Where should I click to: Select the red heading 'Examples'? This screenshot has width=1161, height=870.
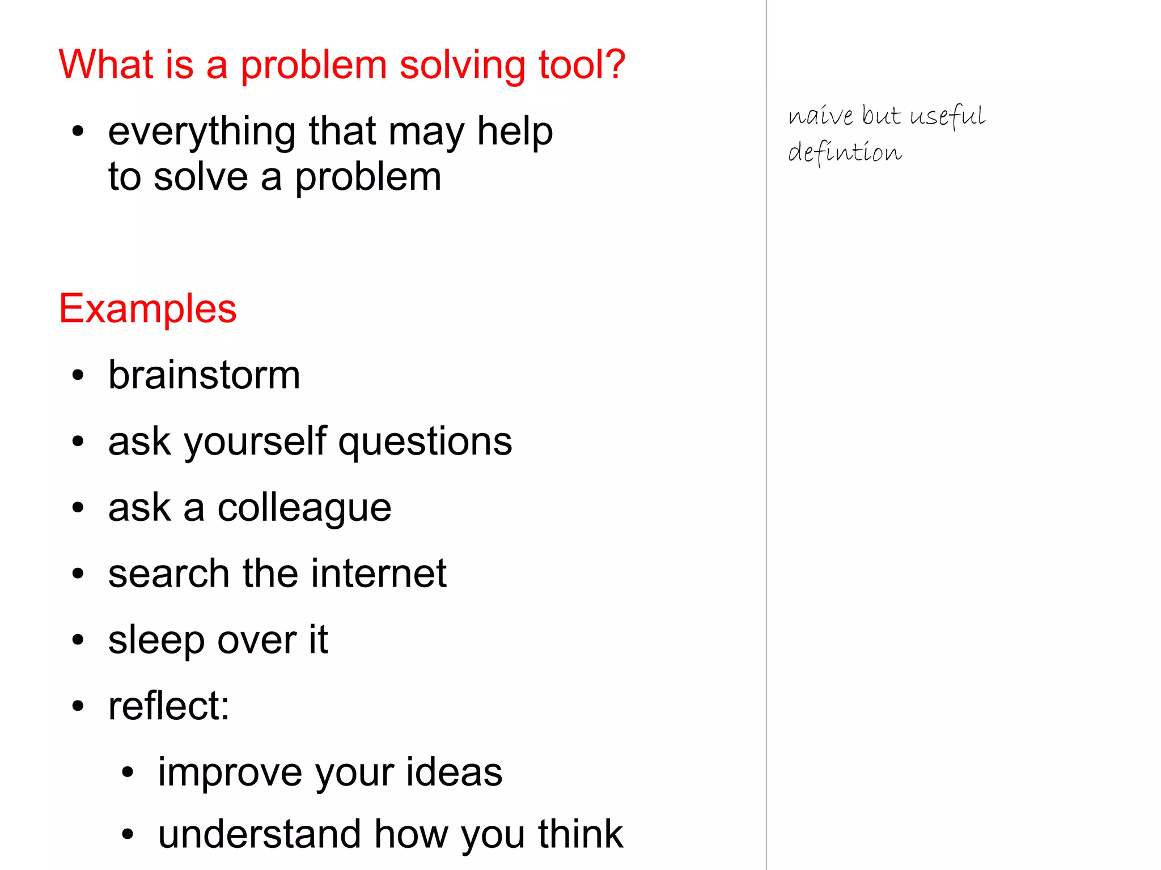pos(147,309)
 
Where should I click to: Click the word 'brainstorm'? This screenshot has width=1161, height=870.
pos(204,375)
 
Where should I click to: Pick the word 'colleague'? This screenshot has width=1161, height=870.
pos(304,508)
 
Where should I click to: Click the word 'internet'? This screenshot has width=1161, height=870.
pos(379,574)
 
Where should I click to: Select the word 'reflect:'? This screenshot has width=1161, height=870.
pos(169,706)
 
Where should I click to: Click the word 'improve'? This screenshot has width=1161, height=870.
pos(230,773)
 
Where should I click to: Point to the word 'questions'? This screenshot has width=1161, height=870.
pos(425,442)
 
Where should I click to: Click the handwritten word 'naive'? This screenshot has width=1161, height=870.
pos(820,116)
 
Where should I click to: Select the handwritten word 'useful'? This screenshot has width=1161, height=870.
pos(947,116)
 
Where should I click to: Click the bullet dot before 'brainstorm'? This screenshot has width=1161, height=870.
pos(78,375)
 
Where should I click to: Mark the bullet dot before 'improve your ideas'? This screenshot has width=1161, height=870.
pos(128,772)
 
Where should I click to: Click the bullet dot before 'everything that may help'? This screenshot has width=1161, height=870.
pos(78,132)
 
